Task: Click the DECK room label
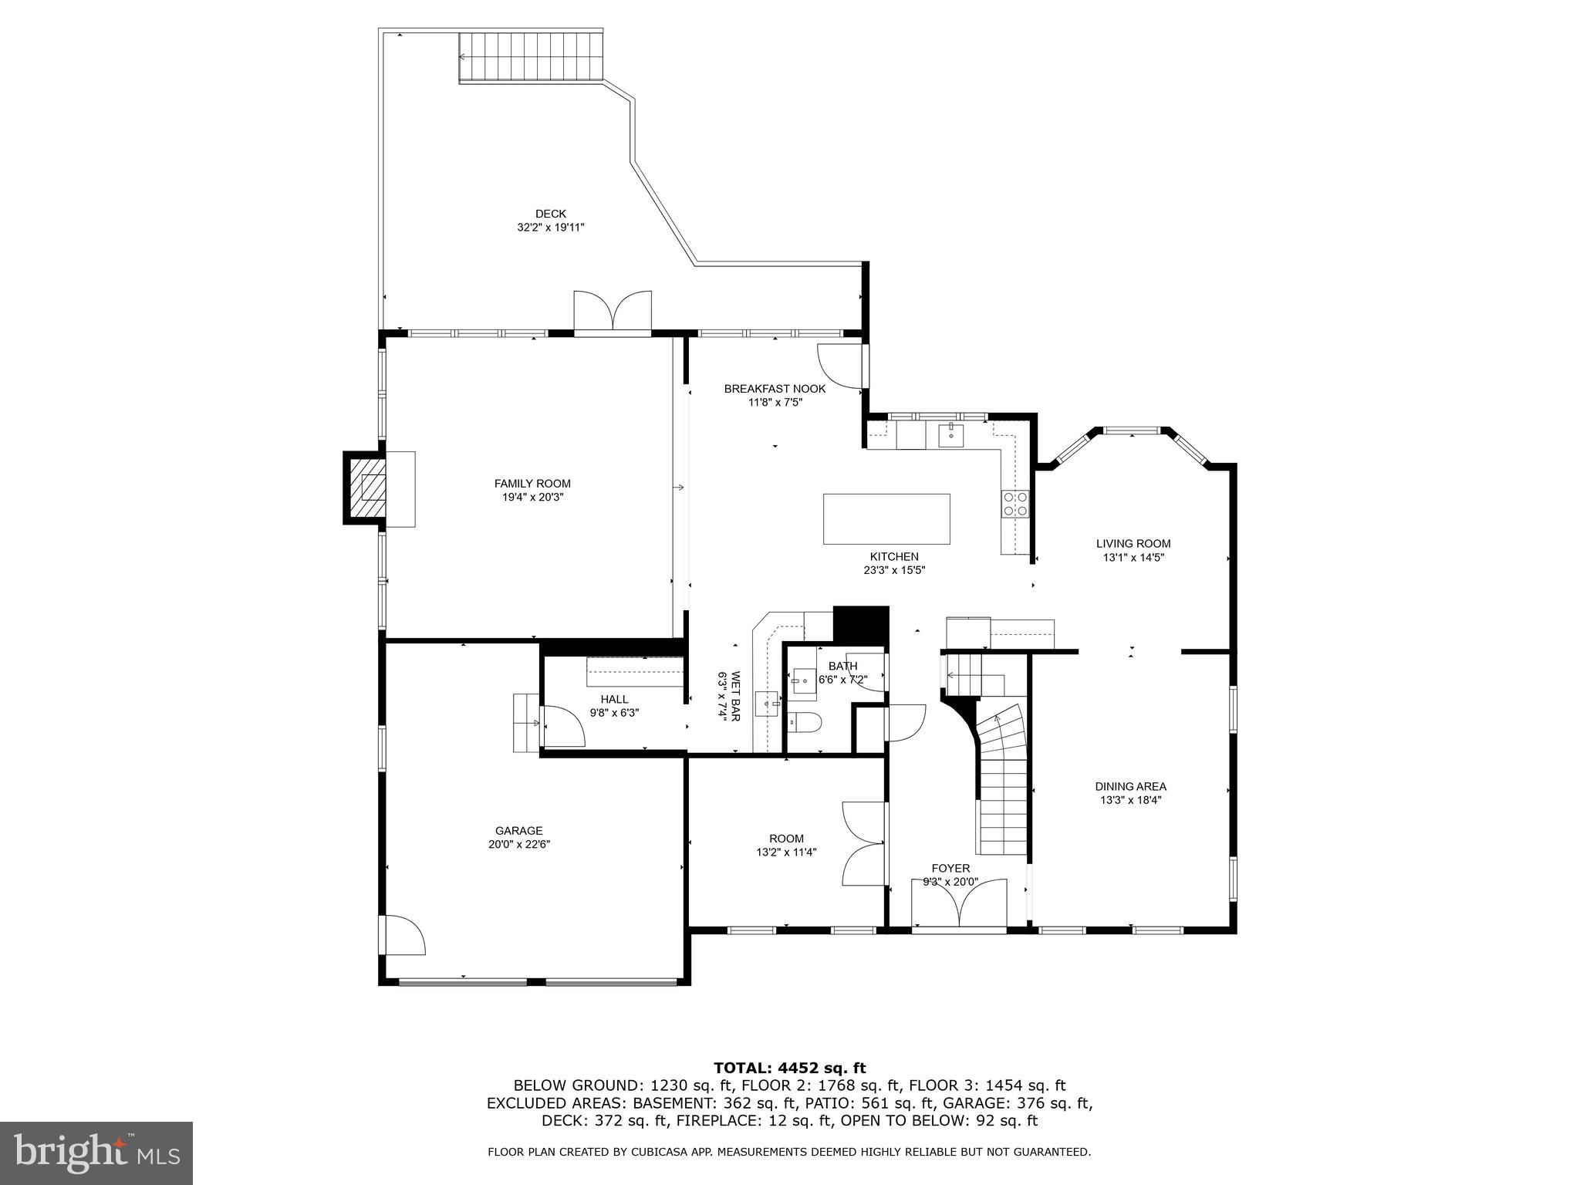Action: [550, 214]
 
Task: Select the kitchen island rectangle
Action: [886, 519]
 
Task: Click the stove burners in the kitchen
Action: [1015, 504]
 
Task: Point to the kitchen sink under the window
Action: [951, 435]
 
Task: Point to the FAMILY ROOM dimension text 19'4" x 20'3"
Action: [532, 498]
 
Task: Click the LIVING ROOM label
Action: [1133, 543]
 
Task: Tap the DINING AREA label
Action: [1130, 786]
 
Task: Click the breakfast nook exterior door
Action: [841, 366]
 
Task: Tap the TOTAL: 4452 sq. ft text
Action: [789, 1068]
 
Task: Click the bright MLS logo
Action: [96, 1153]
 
